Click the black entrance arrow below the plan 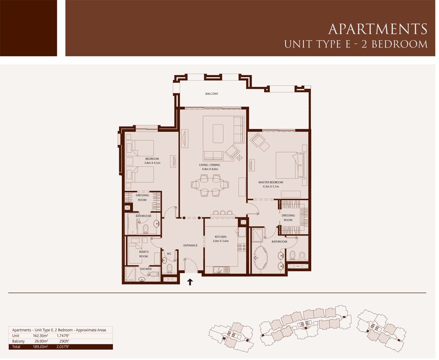(x=190, y=282)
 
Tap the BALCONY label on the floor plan (x=212, y=94)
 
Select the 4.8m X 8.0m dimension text (x=210, y=169)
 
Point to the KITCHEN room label (x=221, y=237)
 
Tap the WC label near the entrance (x=169, y=253)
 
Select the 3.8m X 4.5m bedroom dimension (x=152, y=163)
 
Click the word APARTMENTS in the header (x=378, y=29)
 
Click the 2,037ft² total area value (x=63, y=347)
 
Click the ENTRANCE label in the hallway (x=190, y=245)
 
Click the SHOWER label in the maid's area (x=145, y=269)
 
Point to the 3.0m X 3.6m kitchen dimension (x=221, y=241)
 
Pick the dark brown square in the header (x=28, y=28)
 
